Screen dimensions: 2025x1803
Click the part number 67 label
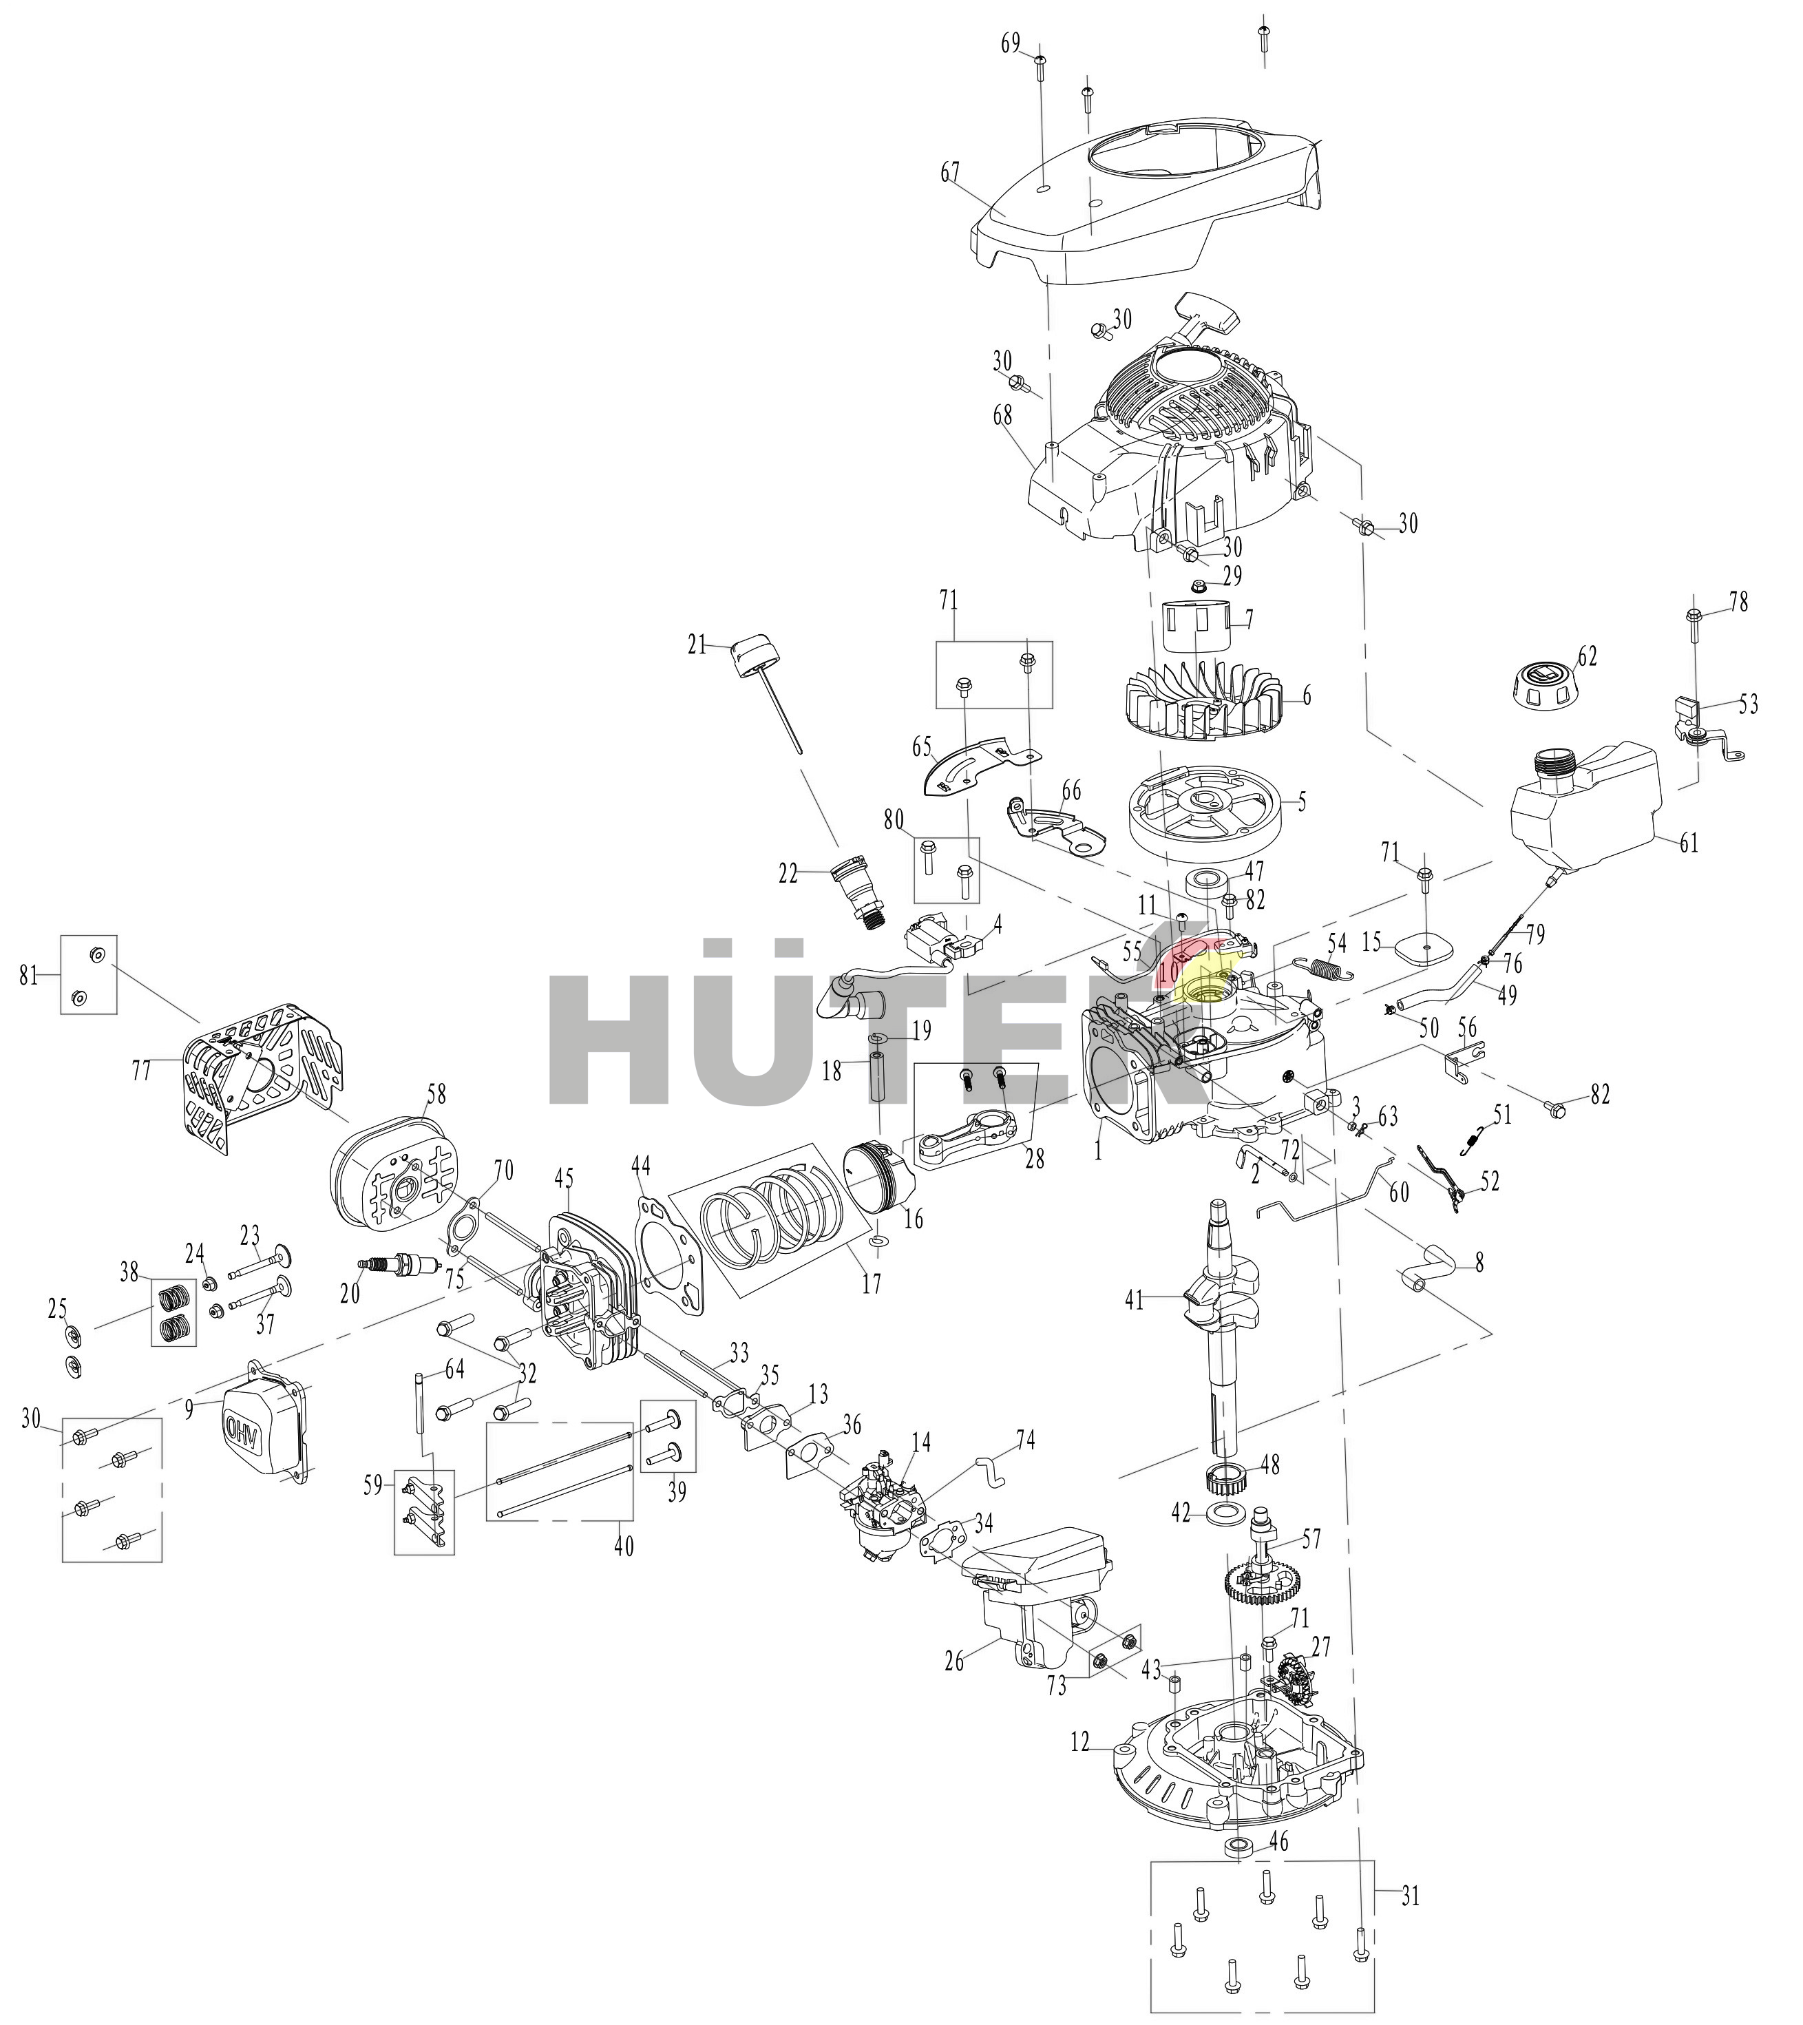pos(950,171)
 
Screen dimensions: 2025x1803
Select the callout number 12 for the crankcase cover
pos(1081,1766)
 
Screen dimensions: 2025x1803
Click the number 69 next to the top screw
pos(1011,45)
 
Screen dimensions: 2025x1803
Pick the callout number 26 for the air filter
pos(954,1661)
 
